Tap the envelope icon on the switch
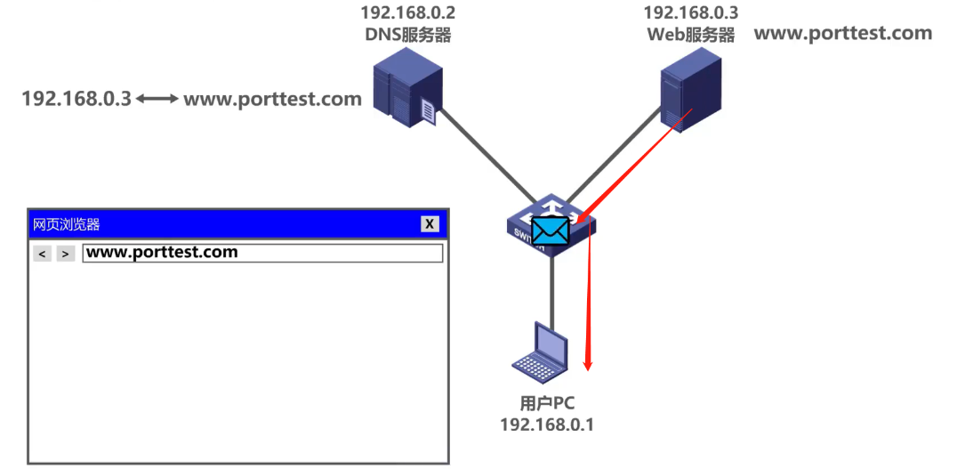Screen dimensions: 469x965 [x=550, y=230]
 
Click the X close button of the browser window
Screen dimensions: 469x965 [x=430, y=224]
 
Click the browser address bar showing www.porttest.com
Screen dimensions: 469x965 [x=261, y=253]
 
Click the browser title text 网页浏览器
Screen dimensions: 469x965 [x=67, y=224]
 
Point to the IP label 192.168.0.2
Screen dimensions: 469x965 [x=406, y=12]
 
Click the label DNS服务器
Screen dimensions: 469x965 [x=407, y=35]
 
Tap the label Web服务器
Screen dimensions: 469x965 [x=690, y=35]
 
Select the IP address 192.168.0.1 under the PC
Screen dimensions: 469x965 [x=547, y=425]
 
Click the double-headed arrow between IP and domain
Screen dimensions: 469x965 [x=157, y=99]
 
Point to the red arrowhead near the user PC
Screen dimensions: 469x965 [x=587, y=363]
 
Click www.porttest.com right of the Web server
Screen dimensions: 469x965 [x=842, y=34]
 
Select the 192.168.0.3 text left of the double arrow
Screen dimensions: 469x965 [x=76, y=99]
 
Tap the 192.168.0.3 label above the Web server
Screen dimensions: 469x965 [x=690, y=12]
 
